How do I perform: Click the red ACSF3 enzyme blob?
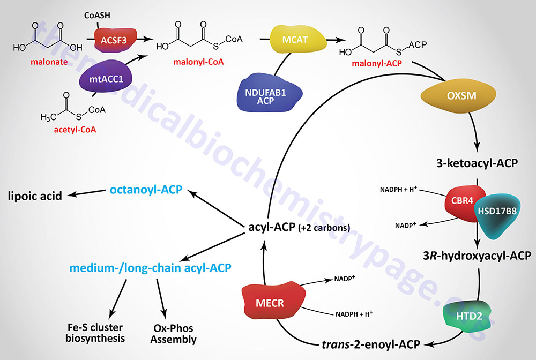coord(114,39)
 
